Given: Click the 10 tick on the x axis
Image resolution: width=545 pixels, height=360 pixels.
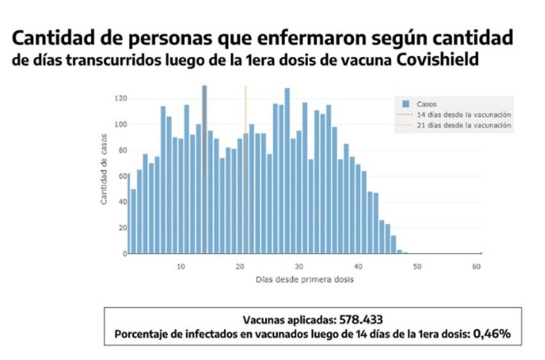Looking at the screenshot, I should [181, 265].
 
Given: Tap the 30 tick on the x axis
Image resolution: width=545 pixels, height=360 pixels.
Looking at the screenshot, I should [299, 265].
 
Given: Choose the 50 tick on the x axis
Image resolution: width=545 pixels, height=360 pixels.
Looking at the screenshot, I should [417, 265].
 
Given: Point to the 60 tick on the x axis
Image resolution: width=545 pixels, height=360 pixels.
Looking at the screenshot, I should [476, 265].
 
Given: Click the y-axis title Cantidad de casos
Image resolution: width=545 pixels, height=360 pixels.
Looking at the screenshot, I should [104, 175].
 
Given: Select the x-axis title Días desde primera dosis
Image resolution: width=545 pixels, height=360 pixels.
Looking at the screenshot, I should [305, 279].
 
